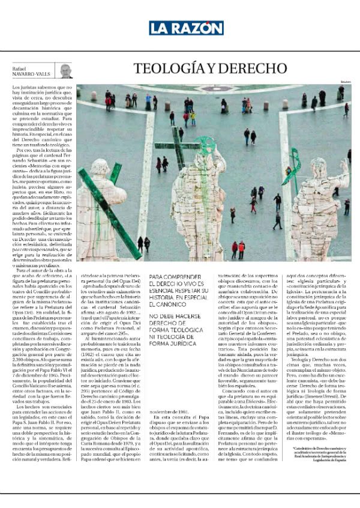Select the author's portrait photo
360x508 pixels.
pos(65,71)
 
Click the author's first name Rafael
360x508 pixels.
pos(20,68)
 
